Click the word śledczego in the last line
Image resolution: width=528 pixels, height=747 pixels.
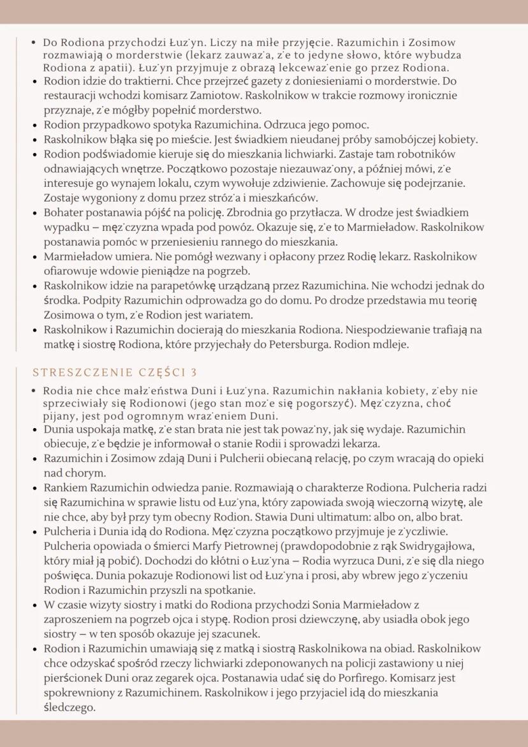69,707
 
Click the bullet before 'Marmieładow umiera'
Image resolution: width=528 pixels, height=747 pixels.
34,257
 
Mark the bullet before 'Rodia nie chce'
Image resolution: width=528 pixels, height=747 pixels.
34,390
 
